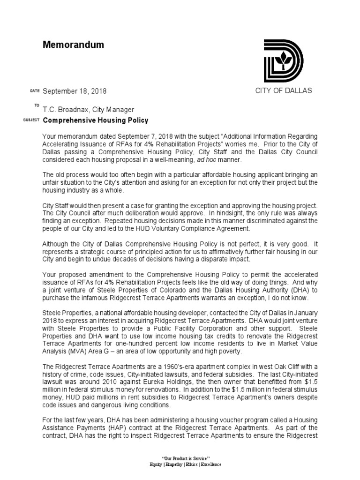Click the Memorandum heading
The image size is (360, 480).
tap(73, 45)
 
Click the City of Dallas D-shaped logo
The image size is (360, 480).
tap(283, 60)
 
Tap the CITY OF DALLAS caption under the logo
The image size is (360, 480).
tap(283, 91)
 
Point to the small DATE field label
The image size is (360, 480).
tap(35, 90)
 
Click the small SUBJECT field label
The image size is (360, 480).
tap(31, 120)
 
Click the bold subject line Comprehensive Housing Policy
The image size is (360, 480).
tap(96, 120)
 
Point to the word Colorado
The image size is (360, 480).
tap(180, 283)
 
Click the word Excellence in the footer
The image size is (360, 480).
tap(211, 464)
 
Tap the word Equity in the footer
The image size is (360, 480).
tap(156, 464)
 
